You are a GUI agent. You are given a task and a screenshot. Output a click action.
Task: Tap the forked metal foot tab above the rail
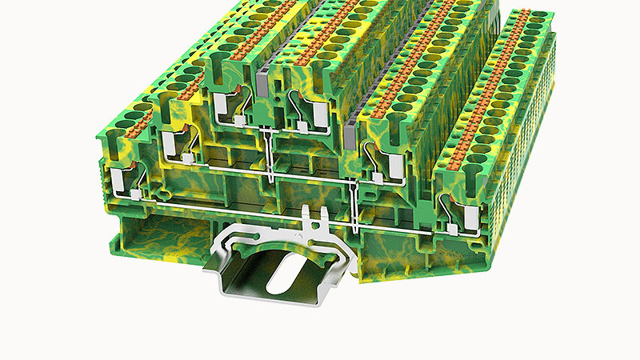coord(318,220)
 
